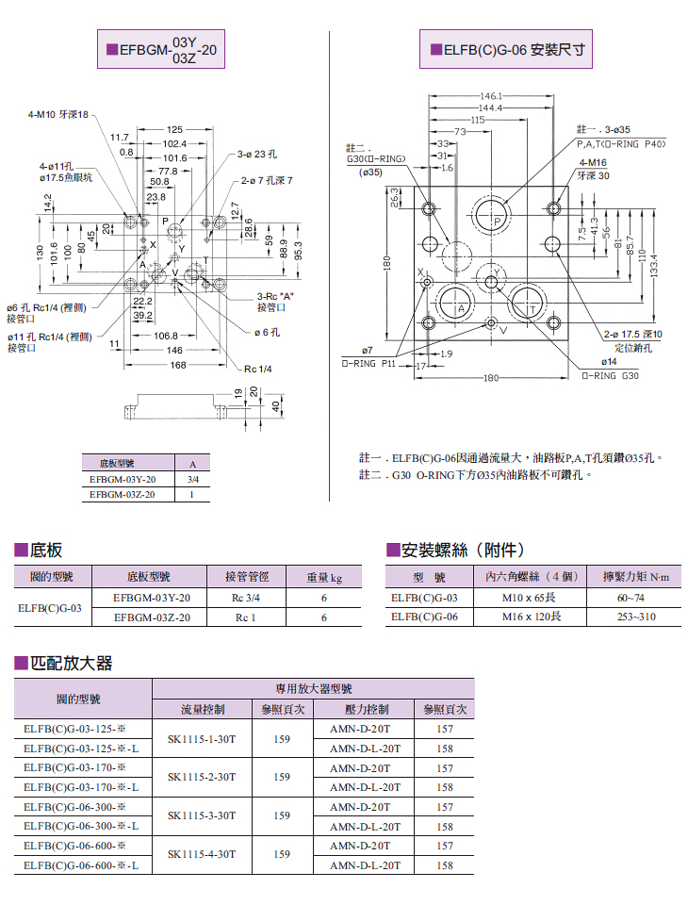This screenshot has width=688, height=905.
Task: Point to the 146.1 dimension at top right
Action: [490, 96]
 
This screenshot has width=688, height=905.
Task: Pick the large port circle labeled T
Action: [527, 306]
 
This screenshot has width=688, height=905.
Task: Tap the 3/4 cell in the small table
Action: [192, 479]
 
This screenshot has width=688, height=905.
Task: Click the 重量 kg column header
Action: [323, 577]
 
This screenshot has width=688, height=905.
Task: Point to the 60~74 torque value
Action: [631, 598]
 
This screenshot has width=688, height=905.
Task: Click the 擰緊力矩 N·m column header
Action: [631, 577]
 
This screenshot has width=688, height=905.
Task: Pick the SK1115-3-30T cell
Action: [201, 816]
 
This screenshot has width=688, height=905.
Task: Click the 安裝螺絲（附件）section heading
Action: [455, 550]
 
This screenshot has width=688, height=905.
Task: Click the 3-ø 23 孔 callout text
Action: [257, 154]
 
